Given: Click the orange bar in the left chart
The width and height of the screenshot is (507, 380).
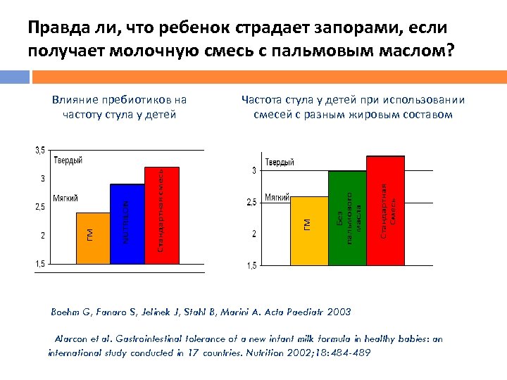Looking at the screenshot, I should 93,237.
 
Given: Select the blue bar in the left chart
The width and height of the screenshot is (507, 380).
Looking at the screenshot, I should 127,223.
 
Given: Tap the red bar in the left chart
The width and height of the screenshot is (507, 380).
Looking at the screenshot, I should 161,215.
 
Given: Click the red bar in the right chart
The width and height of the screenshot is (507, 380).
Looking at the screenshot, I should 385,210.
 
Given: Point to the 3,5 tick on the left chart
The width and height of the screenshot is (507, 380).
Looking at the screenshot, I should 40,150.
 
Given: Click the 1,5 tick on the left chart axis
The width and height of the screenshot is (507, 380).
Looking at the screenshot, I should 41,263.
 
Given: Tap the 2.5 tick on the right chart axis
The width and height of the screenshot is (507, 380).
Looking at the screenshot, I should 251,203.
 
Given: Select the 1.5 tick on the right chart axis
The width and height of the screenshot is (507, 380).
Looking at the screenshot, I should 251,266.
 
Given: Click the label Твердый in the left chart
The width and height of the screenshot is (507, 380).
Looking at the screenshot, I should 67,161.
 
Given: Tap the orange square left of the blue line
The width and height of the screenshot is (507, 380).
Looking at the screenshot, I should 15,76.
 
